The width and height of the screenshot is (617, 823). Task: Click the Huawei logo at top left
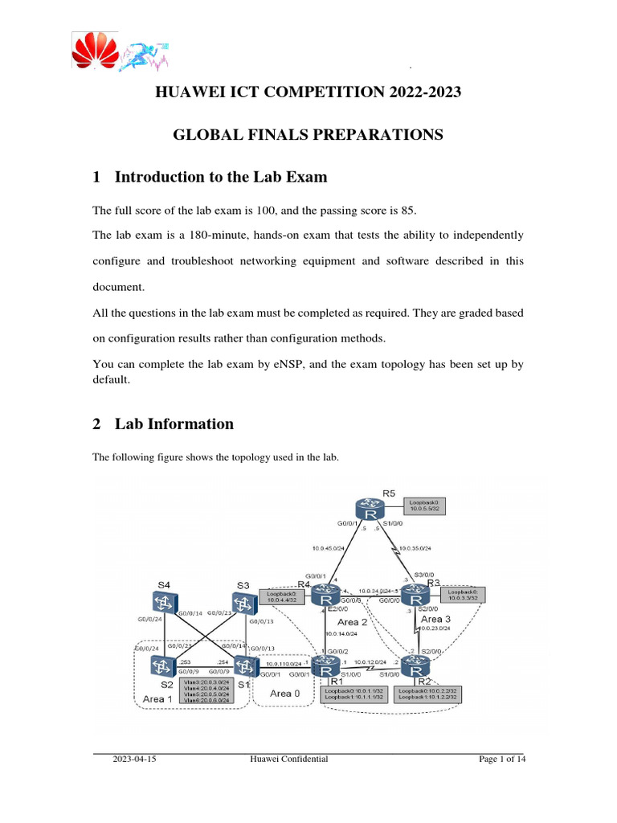pyautogui.click(x=95, y=54)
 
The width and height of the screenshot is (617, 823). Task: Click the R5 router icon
pyautogui.click(x=370, y=511)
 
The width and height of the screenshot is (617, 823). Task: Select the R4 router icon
pyautogui.click(x=327, y=597)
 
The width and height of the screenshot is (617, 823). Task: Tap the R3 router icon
pyautogui.click(x=415, y=597)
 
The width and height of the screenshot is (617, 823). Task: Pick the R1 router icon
pyautogui.click(x=327, y=665)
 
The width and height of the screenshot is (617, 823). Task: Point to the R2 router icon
pyautogui.click(x=415, y=665)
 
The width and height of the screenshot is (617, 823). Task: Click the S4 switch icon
pyautogui.click(x=164, y=602)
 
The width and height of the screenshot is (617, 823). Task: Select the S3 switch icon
pyautogui.click(x=243, y=602)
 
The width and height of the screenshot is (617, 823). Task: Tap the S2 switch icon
pyautogui.click(x=164, y=665)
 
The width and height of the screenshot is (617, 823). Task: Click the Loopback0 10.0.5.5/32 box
pyautogui.click(x=425, y=506)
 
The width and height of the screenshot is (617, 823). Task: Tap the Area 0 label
pyautogui.click(x=280, y=693)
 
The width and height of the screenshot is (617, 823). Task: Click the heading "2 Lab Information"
pyautogui.click(x=163, y=424)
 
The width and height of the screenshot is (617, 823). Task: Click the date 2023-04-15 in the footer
pyautogui.click(x=134, y=759)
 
